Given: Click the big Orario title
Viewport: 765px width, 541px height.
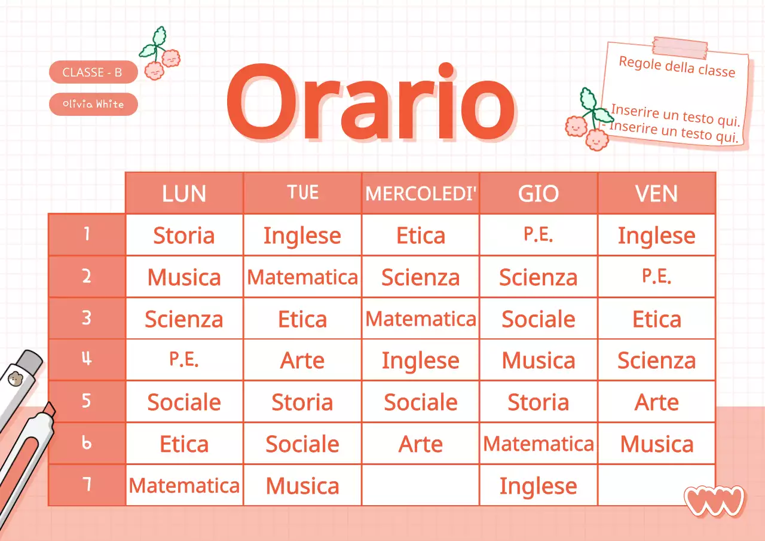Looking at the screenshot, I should click(370, 103).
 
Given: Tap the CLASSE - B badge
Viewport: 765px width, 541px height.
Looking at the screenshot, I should click(93, 72).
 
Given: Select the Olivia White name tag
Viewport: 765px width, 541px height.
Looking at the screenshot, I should click(93, 104).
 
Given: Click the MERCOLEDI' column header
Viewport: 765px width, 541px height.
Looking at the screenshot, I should click(421, 193).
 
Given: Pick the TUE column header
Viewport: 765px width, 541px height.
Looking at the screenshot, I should click(302, 192).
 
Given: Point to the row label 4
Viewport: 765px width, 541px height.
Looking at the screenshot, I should click(87, 360).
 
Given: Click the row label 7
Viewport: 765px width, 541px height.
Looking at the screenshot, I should click(87, 485).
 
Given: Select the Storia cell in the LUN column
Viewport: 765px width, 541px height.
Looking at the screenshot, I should click(184, 236).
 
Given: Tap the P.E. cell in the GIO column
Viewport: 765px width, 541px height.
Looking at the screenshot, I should click(538, 235).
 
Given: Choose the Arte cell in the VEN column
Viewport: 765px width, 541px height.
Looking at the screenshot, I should click(657, 402).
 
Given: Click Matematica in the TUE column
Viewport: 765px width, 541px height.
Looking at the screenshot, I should click(302, 277).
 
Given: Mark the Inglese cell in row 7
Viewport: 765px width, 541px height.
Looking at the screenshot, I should click(538, 486).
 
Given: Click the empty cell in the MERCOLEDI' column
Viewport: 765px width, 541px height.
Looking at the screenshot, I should click(421, 485).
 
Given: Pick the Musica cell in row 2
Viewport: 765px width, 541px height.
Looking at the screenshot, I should click(184, 277).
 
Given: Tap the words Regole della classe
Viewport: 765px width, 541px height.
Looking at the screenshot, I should click(677, 66).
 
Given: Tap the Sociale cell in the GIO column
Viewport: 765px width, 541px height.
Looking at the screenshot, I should click(538, 319).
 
